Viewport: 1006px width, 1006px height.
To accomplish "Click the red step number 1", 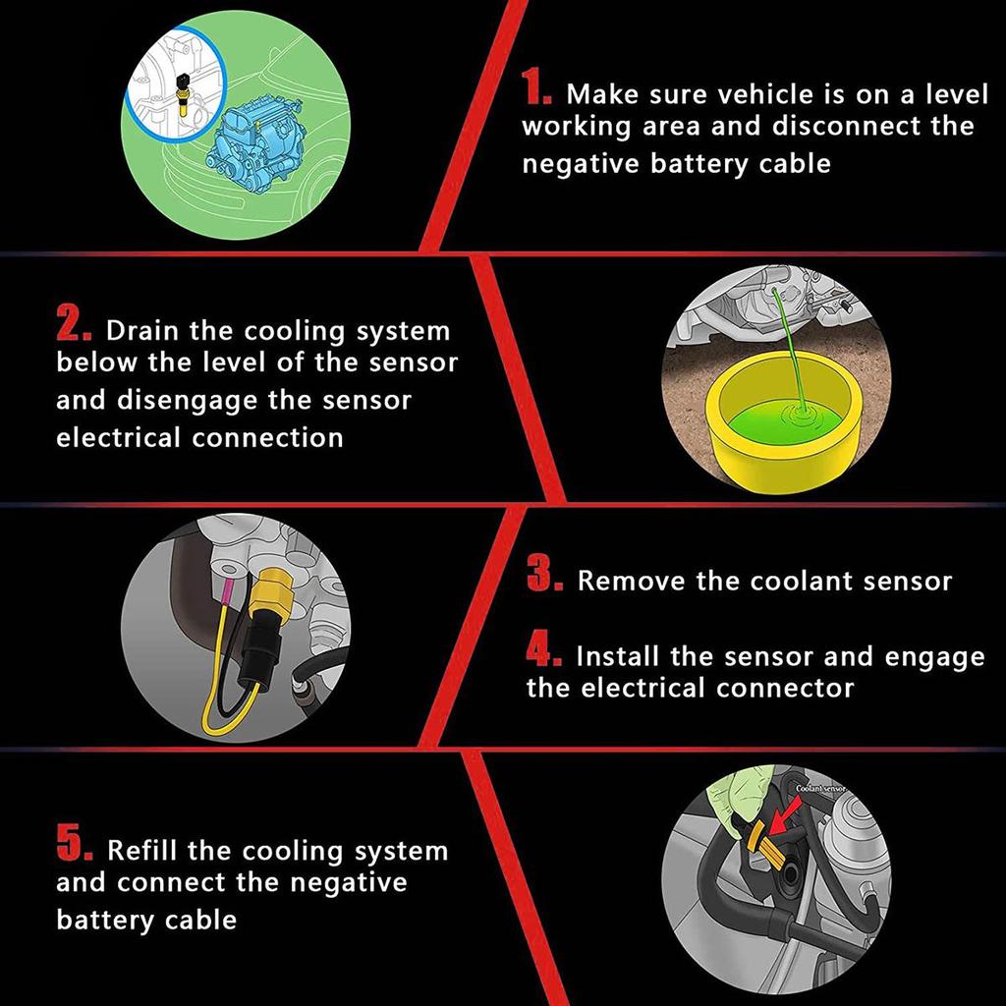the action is tap(535, 86).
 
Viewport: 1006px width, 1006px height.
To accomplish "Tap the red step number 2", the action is tap(74, 322).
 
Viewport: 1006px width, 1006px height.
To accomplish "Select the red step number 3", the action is tap(544, 573).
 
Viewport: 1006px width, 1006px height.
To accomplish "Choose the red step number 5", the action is tap(75, 842).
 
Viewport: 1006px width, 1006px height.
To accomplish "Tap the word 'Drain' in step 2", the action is tap(143, 331).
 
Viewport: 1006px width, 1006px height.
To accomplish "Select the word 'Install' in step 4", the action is tap(618, 656).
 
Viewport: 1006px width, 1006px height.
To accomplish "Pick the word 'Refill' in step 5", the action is tap(143, 851).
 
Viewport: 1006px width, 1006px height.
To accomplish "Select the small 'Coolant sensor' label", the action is tap(820, 789).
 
